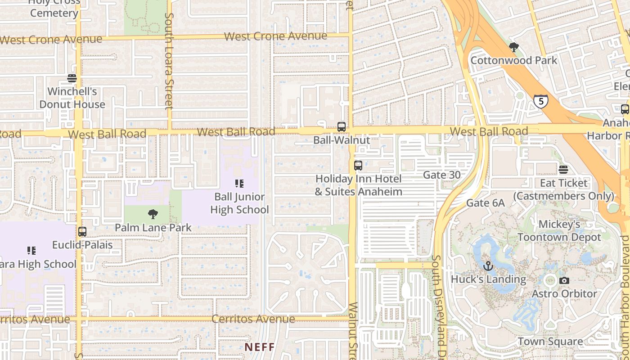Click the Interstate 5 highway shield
[540, 101]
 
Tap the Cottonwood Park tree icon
[513, 47]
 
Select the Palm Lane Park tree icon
[153, 214]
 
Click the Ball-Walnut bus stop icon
[342, 127]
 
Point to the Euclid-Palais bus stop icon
[82, 232]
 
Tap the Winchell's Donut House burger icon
[72, 78]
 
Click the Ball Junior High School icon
[239, 184]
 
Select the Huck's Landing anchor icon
[488, 266]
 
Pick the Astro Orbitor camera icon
[564, 281]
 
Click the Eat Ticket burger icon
[563, 170]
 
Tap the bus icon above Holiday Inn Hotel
[358, 166]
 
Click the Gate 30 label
[441, 175]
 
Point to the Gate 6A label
[485, 203]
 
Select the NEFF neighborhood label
[260, 347]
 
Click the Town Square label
[550, 342]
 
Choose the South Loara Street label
[169, 61]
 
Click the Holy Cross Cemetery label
[54, 8]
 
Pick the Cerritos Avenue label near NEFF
[253, 319]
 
